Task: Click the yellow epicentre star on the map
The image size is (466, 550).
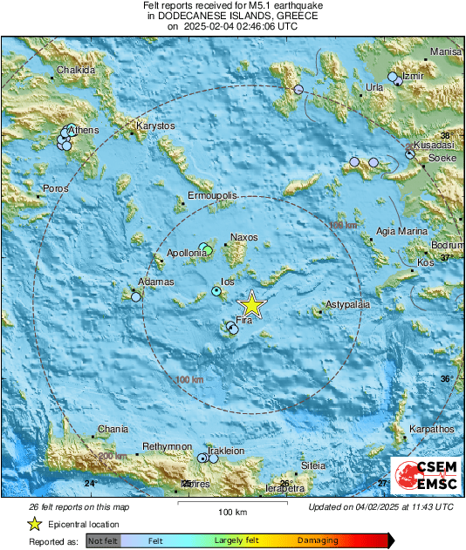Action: coord(251,304)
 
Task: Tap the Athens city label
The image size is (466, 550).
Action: coord(84,131)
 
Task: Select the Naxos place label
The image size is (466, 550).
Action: coord(243,237)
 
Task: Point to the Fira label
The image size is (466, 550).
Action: coord(244,322)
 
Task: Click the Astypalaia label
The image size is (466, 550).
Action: coord(348,304)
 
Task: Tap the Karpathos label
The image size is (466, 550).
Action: coord(432,429)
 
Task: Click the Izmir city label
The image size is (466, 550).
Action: coord(414,76)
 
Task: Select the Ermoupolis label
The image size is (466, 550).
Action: coord(214,197)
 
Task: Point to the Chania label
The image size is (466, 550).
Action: coord(113,429)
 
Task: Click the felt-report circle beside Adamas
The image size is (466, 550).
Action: coord(136,297)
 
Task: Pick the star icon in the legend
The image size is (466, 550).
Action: coord(34,524)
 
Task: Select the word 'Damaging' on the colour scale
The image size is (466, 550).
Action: coord(318,541)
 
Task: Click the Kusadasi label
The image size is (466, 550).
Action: coord(434,145)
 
